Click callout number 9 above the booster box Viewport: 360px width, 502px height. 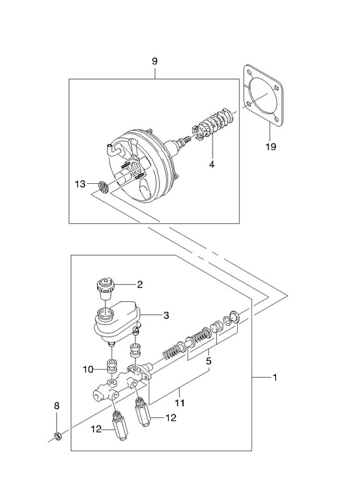click(154, 61)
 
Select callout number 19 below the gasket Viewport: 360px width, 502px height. click(270, 147)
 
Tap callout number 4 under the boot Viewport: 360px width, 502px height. click(212, 164)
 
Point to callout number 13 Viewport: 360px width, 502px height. click(80, 184)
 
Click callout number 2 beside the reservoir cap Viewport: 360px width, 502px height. click(140, 284)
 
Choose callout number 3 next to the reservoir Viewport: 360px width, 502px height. click(166, 316)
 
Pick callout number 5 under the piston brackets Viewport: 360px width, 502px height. click(209, 361)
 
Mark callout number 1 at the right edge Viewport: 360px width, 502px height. click(274, 378)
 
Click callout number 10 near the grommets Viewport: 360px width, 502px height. click(88, 370)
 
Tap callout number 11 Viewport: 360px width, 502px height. click(180, 402)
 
